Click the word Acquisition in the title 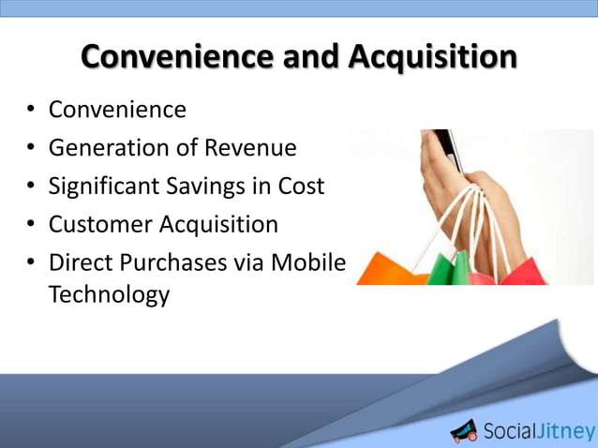coord(432,57)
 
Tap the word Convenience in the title coord(184,57)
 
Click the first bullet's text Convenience coord(117,110)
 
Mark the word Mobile coord(307,263)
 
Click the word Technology coord(109,294)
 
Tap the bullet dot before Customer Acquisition coord(31,226)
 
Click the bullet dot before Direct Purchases coord(31,264)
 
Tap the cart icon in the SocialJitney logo coord(464,430)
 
